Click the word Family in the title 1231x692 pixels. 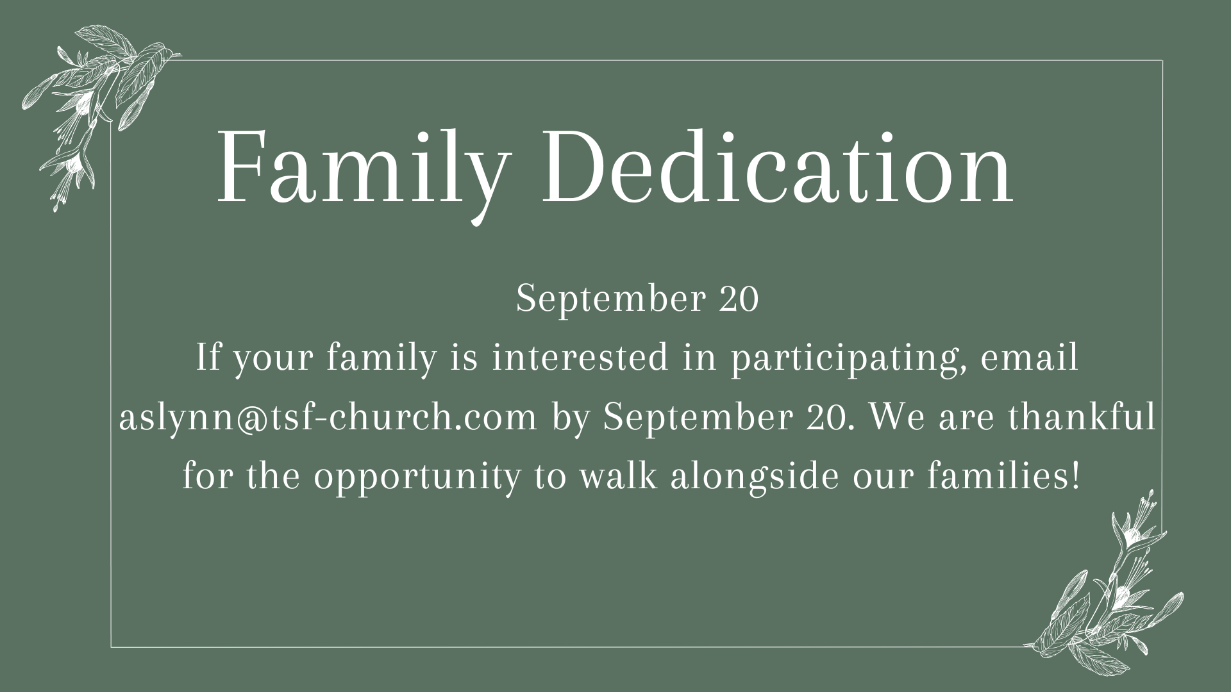coord(359,168)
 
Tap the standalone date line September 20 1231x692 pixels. coord(637,299)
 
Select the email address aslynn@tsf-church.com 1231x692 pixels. coord(328,417)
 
